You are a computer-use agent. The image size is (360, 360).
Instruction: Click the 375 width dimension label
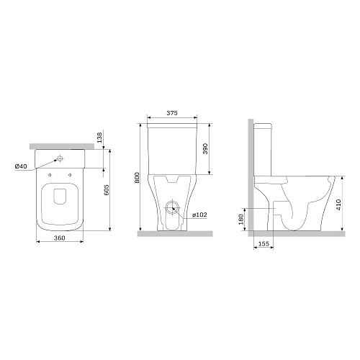172,113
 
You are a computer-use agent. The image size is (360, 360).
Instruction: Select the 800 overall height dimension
137,177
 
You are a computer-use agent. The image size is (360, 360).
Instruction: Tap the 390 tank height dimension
205,148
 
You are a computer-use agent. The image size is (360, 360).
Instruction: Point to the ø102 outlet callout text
199,215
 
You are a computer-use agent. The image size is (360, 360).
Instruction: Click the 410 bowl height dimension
338,204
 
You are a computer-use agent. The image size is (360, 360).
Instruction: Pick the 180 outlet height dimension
241,219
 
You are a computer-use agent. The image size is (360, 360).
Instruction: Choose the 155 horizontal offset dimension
264,243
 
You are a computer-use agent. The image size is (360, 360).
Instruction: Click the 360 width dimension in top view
59,238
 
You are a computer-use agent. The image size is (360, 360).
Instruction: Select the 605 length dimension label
107,190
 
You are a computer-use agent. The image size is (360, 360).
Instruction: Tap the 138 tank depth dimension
99,138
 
